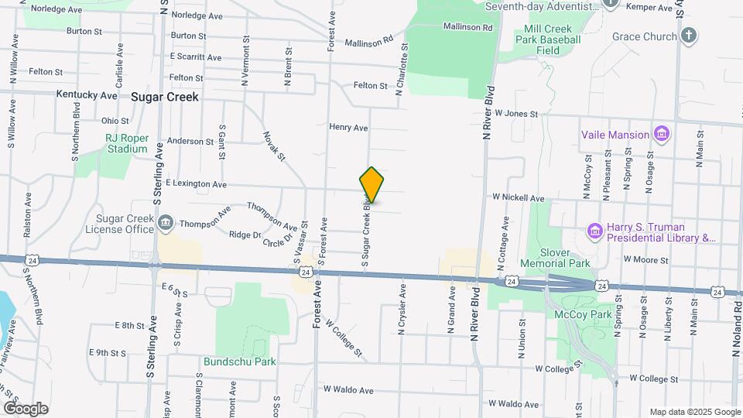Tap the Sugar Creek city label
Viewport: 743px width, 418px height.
tap(165, 97)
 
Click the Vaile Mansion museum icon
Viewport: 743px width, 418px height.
tap(661, 135)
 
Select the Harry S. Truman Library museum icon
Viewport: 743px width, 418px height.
tap(594, 231)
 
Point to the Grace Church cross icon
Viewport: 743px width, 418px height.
tap(688, 36)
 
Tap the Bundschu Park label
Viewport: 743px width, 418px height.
tap(239, 361)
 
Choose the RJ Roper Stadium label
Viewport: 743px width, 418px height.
tap(126, 143)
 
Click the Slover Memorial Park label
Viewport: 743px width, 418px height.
tap(560, 258)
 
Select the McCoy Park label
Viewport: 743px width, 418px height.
tap(583, 314)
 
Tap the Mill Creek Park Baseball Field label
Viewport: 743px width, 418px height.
tap(547, 40)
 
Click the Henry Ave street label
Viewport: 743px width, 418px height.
tap(348, 127)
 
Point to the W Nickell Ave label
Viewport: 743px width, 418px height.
tap(519, 198)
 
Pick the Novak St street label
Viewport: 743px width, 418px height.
tap(274, 146)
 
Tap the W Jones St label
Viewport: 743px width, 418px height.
tap(516, 114)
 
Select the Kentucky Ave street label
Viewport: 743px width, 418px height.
tap(87, 95)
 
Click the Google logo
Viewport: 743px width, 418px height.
tap(26, 408)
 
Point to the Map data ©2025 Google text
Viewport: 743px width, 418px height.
tap(694, 412)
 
